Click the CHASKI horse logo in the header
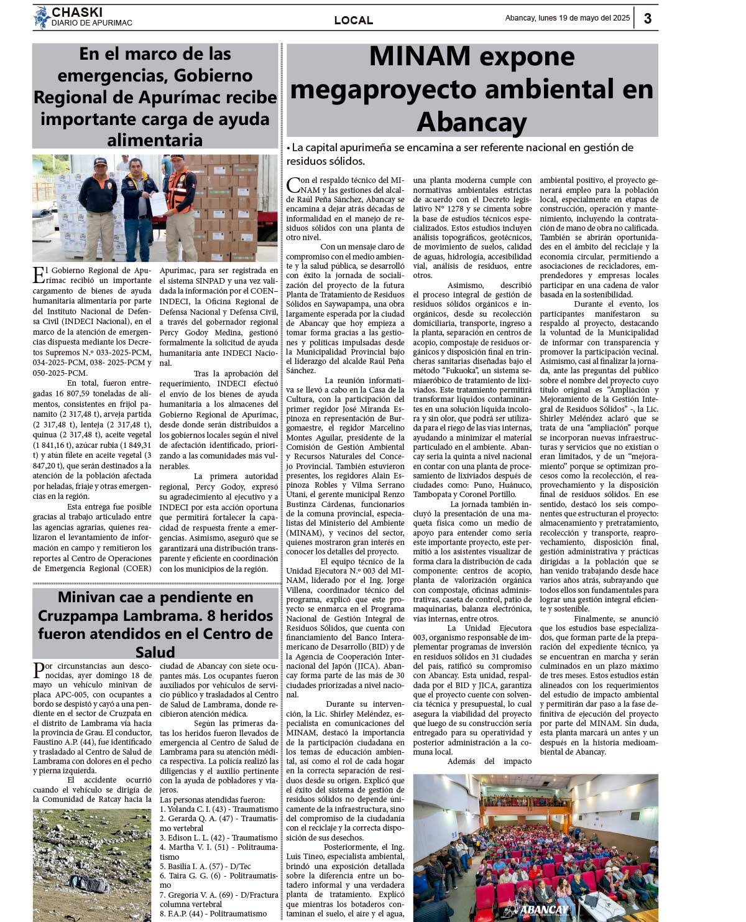pos(42,17)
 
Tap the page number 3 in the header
pos(647,19)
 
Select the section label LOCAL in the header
pos(353,20)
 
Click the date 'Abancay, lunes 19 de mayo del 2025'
pos(567,18)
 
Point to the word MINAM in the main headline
pos(420,57)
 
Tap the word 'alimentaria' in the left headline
pos(155,140)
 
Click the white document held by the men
pos(158,201)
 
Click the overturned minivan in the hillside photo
pos(89,882)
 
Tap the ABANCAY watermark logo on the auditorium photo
pos(536,909)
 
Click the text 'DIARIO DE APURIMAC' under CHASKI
pos(92,23)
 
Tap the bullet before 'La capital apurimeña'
pos(288,148)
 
